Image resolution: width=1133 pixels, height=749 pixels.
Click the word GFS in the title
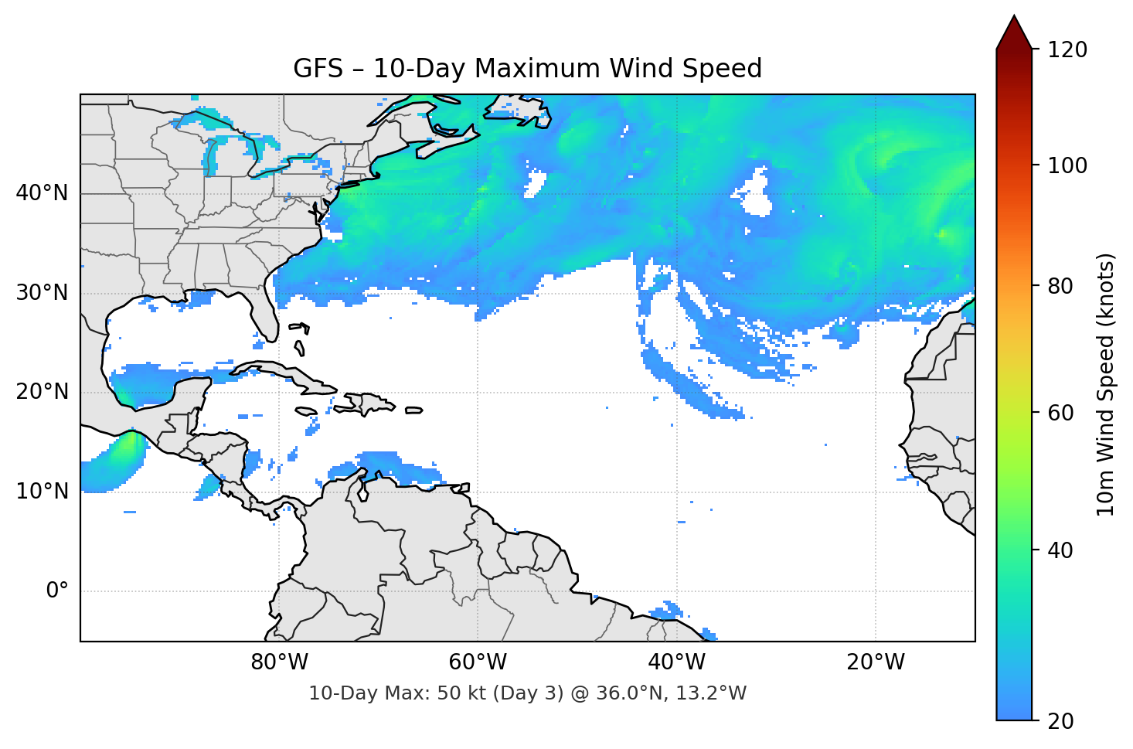(318, 69)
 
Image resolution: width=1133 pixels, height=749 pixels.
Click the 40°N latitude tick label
(42, 193)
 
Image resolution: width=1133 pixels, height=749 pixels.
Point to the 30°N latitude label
(42, 293)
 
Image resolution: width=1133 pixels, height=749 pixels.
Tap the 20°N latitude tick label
(42, 392)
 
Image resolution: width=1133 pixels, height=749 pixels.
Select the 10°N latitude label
(42, 492)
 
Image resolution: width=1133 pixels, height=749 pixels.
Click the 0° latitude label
(57, 591)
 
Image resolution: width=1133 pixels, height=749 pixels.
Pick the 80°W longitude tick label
(279, 662)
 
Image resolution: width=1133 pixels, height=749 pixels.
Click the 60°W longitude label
(478, 662)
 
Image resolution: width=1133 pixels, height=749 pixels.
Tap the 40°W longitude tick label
(676, 662)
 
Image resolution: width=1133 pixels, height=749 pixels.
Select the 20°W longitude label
(875, 662)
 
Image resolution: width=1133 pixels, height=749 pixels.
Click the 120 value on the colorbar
(1067, 50)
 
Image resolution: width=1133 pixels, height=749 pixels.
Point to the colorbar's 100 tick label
(1067, 165)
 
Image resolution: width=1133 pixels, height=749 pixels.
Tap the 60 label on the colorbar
(1062, 413)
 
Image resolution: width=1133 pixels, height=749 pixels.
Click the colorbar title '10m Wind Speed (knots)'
(1106, 384)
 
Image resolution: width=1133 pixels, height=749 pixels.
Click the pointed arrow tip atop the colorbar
(1014, 18)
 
